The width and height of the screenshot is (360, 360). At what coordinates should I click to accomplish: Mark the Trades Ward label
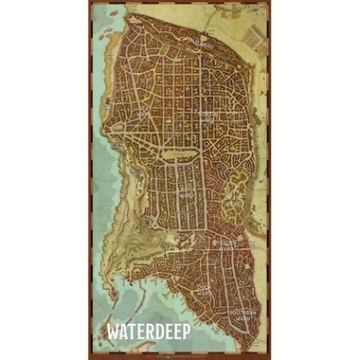pyautogui.click(x=225, y=243)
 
